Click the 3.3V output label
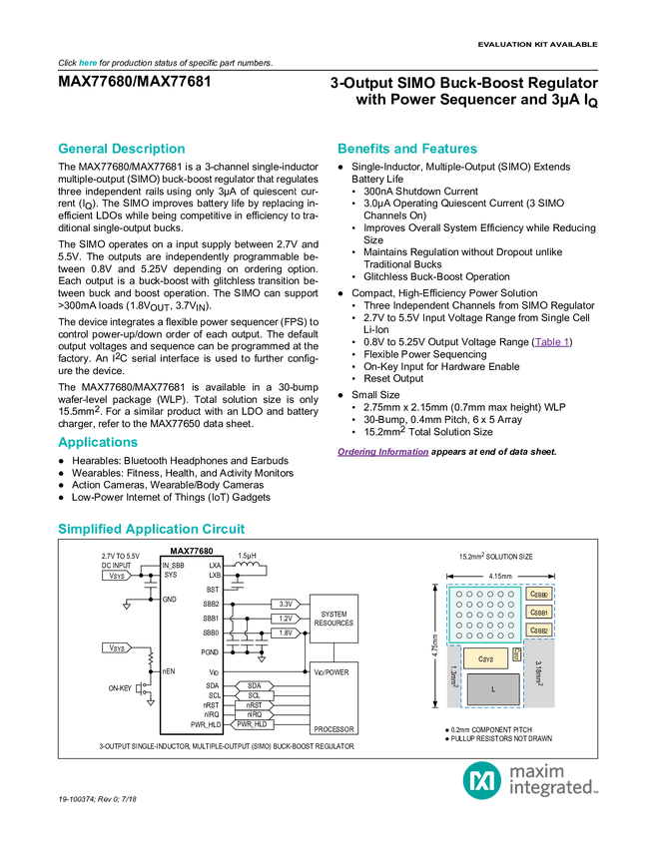[285, 605]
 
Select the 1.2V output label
[285, 619]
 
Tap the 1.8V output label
[285, 633]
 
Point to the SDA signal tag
[253, 685]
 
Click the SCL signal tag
[253, 695]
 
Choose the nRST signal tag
[254, 705]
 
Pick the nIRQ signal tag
[254, 714]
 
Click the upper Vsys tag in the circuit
[116, 576]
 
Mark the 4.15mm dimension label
[500, 576]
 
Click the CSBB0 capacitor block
[538, 595]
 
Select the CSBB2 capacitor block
[538, 630]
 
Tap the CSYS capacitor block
[486, 658]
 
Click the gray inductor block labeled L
[492, 689]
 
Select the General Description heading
[122, 150]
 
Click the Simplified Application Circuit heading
[152, 529]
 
